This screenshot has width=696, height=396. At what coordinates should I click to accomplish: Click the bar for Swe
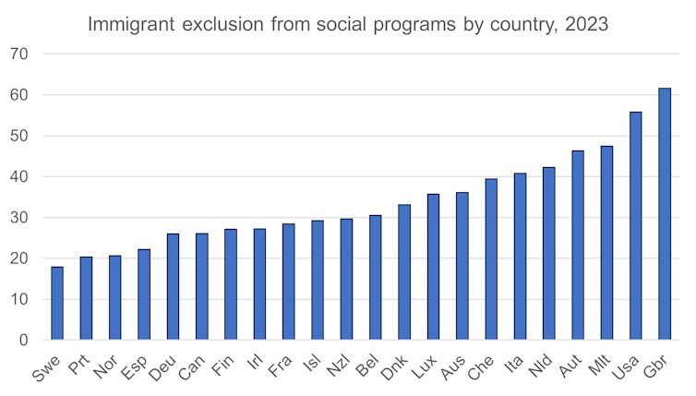point(57,304)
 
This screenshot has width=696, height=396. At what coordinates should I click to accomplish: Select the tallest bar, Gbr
point(664,214)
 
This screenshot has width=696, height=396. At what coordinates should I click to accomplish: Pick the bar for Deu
point(173,287)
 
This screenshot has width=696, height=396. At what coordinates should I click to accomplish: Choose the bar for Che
point(491,259)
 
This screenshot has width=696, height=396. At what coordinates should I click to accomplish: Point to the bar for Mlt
point(606,243)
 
